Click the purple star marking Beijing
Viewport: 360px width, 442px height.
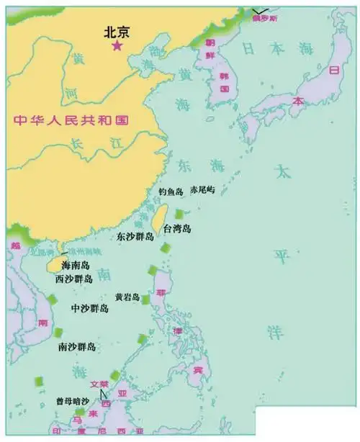[x=116, y=46]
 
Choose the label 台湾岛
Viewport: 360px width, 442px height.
[x=177, y=229]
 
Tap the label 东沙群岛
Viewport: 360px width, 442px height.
[x=135, y=237]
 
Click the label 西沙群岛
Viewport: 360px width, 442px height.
[x=73, y=279]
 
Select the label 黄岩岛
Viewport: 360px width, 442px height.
[x=127, y=297]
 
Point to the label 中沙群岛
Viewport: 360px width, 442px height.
[x=90, y=308]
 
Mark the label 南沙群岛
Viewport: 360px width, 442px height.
[x=77, y=347]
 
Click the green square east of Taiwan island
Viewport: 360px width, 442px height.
[x=179, y=214]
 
